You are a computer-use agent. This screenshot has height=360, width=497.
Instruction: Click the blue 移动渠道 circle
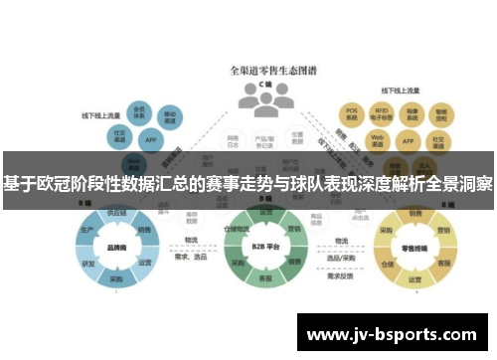point(171,117)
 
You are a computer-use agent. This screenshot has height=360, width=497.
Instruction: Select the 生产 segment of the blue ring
point(87,231)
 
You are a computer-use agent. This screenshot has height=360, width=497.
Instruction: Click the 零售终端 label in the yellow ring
point(413,250)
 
